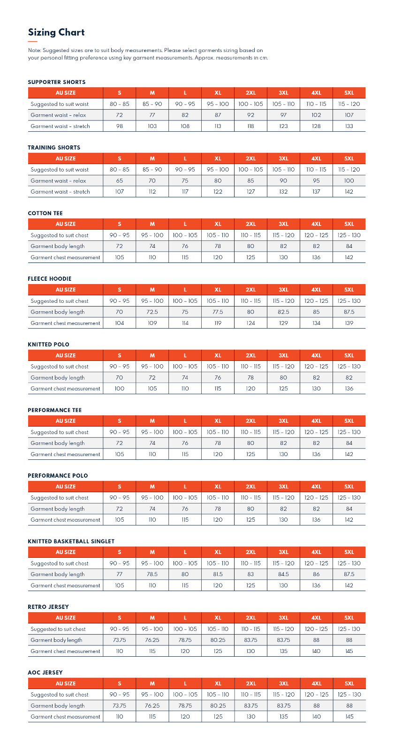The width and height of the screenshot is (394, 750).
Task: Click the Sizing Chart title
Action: (x=56, y=32)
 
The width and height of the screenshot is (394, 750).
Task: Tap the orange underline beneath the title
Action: (x=32, y=42)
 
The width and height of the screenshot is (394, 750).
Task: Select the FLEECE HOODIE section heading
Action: (x=50, y=279)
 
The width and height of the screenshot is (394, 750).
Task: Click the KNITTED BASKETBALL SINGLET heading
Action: (x=71, y=541)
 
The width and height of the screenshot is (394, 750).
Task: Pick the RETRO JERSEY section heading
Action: (x=48, y=607)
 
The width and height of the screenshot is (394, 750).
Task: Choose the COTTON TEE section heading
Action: (x=45, y=213)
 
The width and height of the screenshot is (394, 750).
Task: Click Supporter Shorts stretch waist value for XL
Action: (x=218, y=126)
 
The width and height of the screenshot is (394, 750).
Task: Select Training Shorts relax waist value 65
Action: (x=120, y=180)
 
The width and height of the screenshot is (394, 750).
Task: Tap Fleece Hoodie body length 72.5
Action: (x=152, y=312)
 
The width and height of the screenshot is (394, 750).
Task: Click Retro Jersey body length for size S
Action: (x=120, y=640)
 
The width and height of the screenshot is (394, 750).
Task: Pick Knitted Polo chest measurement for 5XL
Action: (x=349, y=389)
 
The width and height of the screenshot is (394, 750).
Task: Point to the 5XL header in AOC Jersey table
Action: (x=349, y=683)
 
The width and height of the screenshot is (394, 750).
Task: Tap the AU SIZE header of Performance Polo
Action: (x=66, y=487)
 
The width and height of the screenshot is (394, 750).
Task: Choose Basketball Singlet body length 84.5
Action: (x=283, y=574)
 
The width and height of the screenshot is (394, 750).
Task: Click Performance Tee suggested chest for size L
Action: (x=185, y=432)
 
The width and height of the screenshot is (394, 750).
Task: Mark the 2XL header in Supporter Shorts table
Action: (x=251, y=93)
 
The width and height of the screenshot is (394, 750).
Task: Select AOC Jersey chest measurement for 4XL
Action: (x=317, y=717)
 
